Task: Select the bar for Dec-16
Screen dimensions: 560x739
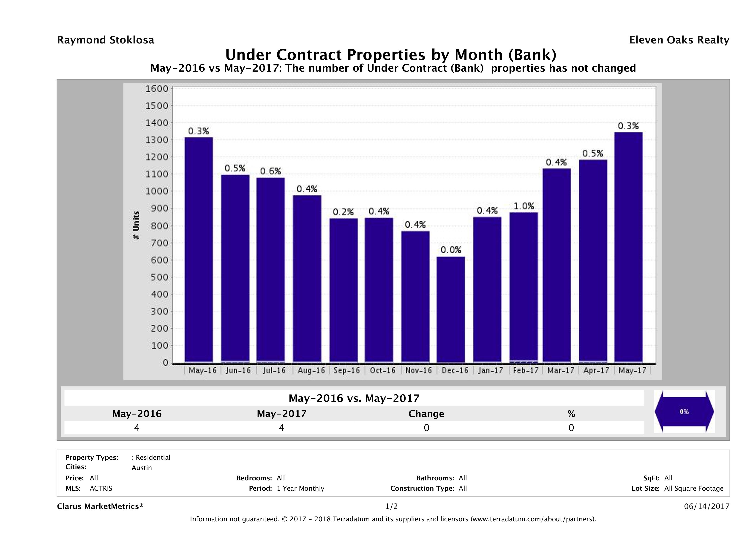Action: pyautogui.click(x=450, y=309)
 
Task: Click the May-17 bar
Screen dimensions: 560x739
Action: pyautogui.click(x=628, y=247)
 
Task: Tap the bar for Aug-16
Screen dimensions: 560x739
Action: pyautogui.click(x=307, y=278)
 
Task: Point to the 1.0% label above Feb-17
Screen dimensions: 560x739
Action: pyautogui.click(x=524, y=206)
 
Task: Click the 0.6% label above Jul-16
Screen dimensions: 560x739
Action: pyautogui.click(x=270, y=171)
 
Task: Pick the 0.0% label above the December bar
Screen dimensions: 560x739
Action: pyautogui.click(x=451, y=250)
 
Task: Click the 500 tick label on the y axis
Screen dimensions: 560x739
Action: pyautogui.click(x=159, y=277)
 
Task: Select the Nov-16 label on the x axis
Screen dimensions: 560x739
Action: pyautogui.click(x=418, y=370)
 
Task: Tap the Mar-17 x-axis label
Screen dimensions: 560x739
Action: pyautogui.click(x=561, y=370)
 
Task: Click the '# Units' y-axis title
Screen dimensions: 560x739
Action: pyautogui.click(x=136, y=225)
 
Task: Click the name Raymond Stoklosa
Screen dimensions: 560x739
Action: pyautogui.click(x=106, y=40)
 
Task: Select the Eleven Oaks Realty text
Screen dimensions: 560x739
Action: pyautogui.click(x=679, y=40)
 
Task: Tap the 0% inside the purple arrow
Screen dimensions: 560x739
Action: pyautogui.click(x=684, y=412)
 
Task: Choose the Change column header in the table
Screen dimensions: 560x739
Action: pyautogui.click(x=426, y=414)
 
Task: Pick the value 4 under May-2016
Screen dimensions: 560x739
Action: pyautogui.click(x=137, y=428)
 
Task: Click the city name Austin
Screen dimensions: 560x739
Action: pyautogui.click(x=142, y=468)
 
